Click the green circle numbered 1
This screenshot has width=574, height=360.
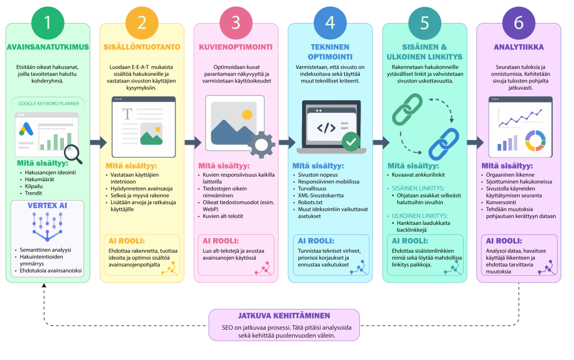48,23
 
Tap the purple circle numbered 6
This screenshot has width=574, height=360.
519,23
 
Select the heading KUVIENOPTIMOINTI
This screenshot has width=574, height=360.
236,47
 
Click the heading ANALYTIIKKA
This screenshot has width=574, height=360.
519,47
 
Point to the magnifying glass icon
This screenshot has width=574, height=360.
73,154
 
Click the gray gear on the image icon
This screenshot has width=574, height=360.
261,145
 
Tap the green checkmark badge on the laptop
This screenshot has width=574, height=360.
351,141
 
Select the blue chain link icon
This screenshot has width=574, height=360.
444,144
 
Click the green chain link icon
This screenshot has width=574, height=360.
407,109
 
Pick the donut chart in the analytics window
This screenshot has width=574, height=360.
535,141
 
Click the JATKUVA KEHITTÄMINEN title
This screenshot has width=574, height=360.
284,316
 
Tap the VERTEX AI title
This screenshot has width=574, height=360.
48,205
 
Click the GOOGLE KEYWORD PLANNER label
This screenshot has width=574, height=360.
49,104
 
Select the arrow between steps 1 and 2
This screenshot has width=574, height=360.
98,142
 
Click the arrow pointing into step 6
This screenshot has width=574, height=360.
475,142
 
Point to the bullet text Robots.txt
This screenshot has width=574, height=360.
310,202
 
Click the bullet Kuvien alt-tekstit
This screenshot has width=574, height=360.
223,216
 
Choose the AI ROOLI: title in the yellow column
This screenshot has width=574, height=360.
127,241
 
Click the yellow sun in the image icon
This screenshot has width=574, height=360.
247,114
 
